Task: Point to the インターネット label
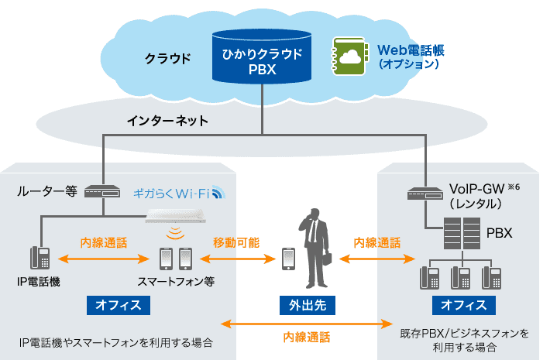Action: (168, 122)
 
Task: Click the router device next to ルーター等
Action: (103, 190)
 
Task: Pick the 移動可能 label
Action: (236, 242)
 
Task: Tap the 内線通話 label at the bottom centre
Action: (306, 337)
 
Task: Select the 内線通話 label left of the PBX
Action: (377, 242)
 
